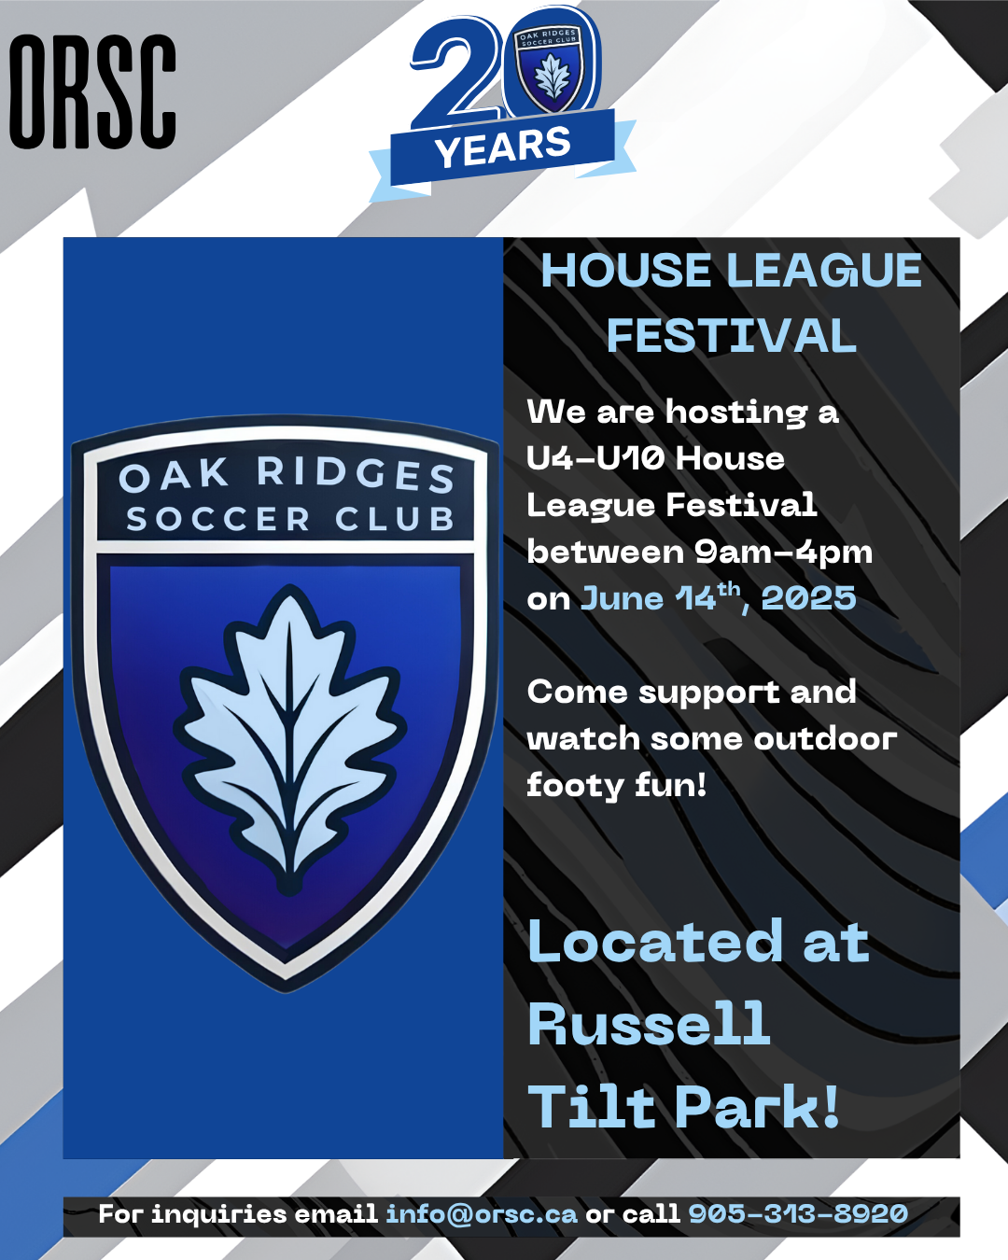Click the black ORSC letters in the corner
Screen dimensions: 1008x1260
pos(92,91)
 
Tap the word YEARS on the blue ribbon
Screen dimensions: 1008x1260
pos(502,147)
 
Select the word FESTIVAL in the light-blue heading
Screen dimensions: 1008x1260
pos(731,335)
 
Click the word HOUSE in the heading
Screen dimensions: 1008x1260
pos(625,271)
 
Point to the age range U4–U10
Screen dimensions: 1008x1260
pos(595,458)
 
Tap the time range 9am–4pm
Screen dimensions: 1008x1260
pos(784,553)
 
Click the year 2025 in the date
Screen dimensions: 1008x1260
pos(808,598)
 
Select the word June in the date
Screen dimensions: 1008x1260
pos(622,598)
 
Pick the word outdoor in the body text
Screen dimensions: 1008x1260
pos(825,739)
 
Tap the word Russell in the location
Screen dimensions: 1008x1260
pos(649,1023)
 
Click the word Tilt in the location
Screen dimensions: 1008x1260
pos(591,1105)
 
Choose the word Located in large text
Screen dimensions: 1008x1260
pos(655,941)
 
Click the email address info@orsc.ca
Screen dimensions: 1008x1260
pos(482,1213)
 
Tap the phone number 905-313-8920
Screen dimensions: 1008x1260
pos(798,1213)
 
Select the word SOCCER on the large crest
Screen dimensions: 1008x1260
pos(217,519)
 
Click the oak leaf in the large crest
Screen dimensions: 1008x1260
pos(288,737)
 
